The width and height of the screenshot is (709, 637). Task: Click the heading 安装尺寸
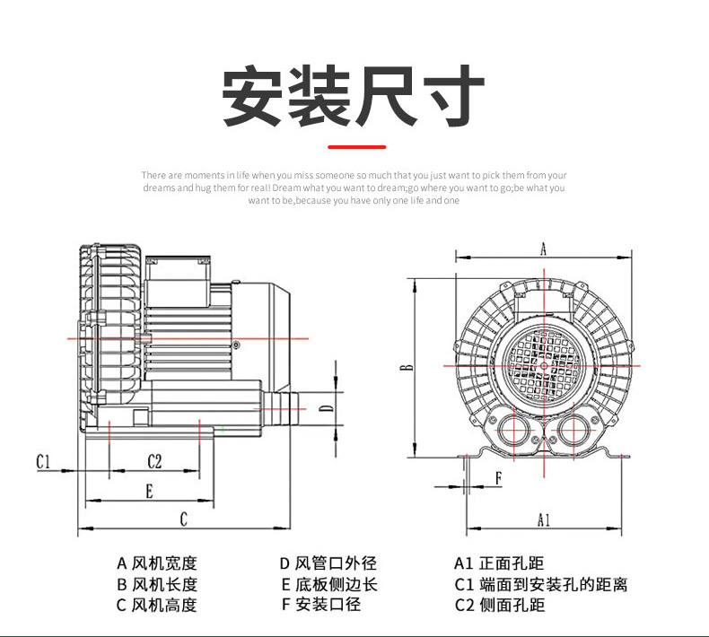(x=354, y=95)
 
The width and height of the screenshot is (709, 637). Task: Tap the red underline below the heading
(x=356, y=146)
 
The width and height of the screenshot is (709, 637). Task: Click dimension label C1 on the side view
(x=45, y=461)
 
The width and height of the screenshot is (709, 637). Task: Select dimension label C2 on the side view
(x=154, y=461)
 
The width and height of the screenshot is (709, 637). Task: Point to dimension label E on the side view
(x=149, y=490)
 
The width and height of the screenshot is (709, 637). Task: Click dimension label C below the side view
(x=183, y=519)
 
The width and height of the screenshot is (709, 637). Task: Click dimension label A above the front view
(x=543, y=249)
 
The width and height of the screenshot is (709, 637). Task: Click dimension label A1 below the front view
(x=543, y=519)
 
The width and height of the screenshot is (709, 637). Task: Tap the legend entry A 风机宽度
(x=156, y=563)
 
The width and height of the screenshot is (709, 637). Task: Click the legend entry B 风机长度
(x=156, y=584)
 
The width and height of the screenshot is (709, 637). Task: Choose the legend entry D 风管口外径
(x=328, y=563)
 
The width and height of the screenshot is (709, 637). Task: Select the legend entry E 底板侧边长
(x=328, y=584)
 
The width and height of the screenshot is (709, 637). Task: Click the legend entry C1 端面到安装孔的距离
(x=539, y=584)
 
